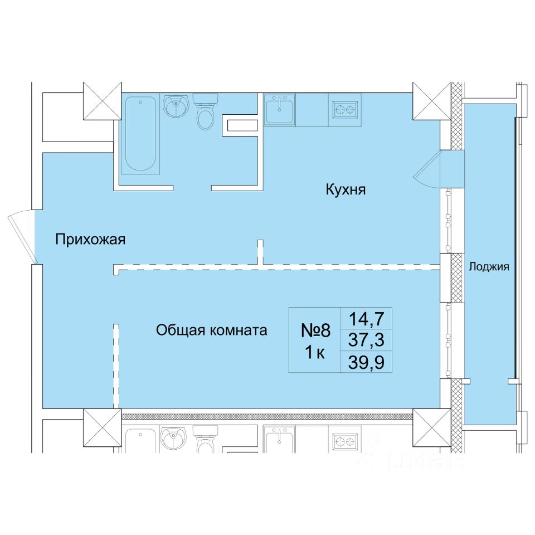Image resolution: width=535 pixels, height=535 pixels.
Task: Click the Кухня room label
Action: pyautogui.click(x=346, y=189)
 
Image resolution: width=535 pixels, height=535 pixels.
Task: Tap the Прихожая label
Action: pyautogui.click(x=90, y=240)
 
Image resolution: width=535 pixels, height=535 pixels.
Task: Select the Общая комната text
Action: pyautogui.click(x=212, y=330)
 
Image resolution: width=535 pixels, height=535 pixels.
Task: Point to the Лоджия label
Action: pyautogui.click(x=489, y=266)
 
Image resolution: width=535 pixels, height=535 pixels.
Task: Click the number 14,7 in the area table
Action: pyautogui.click(x=366, y=319)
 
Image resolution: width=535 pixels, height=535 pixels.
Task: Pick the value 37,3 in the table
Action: pyautogui.click(x=366, y=340)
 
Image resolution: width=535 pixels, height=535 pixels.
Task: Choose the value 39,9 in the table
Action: pyautogui.click(x=366, y=362)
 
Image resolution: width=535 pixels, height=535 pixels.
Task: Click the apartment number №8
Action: pyautogui.click(x=315, y=330)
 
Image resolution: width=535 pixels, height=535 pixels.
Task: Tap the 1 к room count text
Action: pyautogui.click(x=315, y=352)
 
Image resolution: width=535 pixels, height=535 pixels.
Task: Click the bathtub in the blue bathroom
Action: pyautogui.click(x=140, y=133)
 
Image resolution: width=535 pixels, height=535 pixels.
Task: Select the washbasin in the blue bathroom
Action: pyautogui.click(x=176, y=105)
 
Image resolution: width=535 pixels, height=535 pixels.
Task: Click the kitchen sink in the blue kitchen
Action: pyautogui.click(x=279, y=109)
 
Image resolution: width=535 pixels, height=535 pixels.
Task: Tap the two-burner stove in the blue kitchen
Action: pyautogui.click(x=345, y=110)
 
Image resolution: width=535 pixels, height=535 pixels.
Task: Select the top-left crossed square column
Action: pyautogui.click(x=103, y=101)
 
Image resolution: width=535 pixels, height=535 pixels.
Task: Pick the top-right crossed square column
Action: pyautogui.click(x=432, y=101)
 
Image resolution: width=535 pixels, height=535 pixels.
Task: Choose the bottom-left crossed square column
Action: pyautogui.click(x=103, y=427)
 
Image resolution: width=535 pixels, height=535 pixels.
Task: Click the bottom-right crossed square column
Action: pyautogui.click(x=432, y=427)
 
